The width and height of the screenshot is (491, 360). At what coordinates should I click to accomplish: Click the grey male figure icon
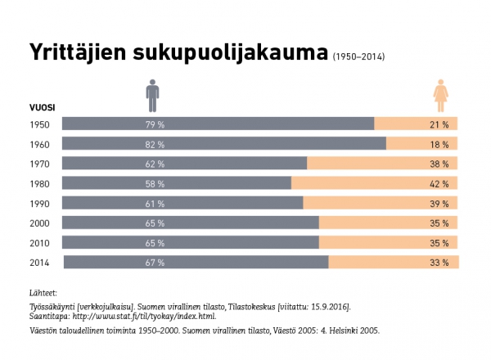pos(153,96)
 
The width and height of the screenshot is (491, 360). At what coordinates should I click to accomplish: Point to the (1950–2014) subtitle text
pos(358,57)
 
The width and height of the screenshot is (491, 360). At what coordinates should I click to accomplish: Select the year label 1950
pos(39,124)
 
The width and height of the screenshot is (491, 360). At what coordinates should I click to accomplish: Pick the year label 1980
pos(39,183)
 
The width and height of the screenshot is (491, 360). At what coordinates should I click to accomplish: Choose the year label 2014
pos(39,263)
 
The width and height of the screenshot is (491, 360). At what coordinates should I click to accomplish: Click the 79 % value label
pos(155,124)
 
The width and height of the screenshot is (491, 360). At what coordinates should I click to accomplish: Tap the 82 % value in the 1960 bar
pos(155,144)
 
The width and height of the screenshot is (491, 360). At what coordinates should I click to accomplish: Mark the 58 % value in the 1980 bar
pos(155,183)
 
